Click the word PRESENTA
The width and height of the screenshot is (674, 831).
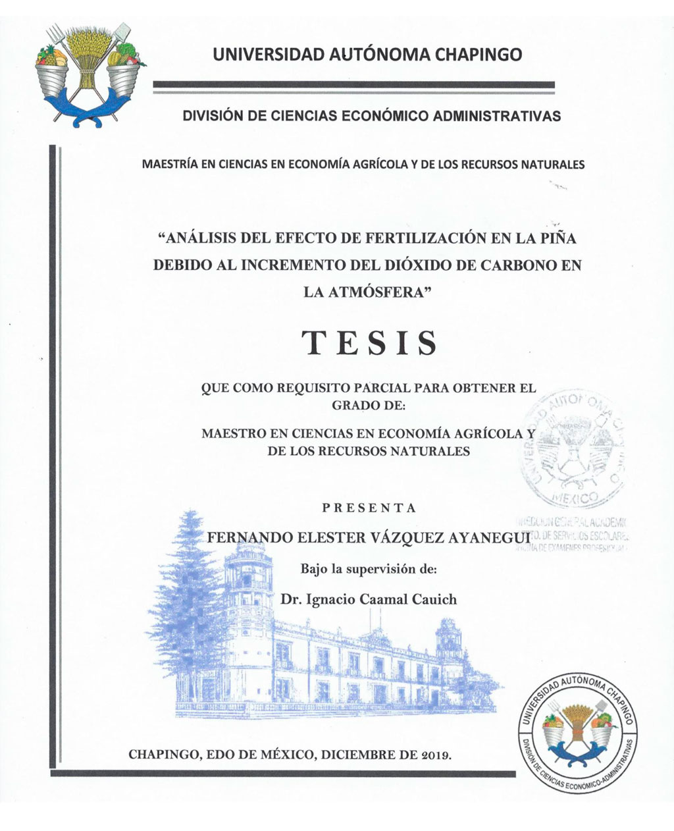369,508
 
